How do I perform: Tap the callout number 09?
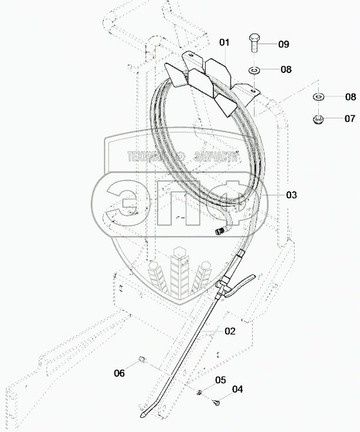pyautogui.click(x=284, y=44)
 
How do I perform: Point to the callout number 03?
pyautogui.click(x=291, y=195)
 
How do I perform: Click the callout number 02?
pyautogui.click(x=229, y=331)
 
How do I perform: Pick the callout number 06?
pyautogui.click(x=119, y=373)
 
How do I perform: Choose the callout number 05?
pyautogui.click(x=220, y=380)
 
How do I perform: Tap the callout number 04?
pyautogui.click(x=237, y=389)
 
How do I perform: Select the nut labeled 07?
pyautogui.click(x=317, y=119)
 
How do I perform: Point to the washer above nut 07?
pyautogui.click(x=317, y=96)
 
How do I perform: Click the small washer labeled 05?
pyautogui.click(x=200, y=392)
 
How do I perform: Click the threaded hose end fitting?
pyautogui.click(x=220, y=231)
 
